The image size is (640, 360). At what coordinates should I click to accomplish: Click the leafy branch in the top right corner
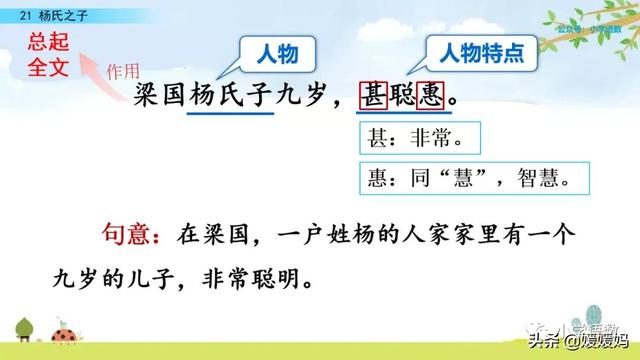point(590,30)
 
